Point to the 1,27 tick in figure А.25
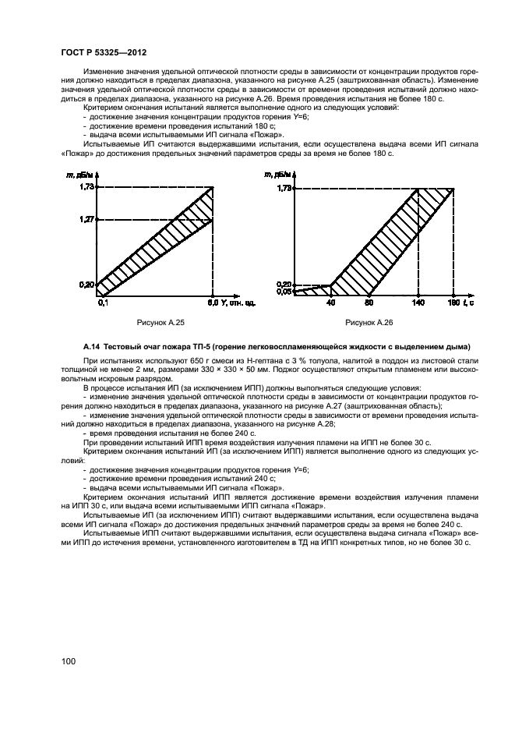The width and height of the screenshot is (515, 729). [x=86, y=220]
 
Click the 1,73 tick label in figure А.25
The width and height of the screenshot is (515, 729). [x=86, y=187]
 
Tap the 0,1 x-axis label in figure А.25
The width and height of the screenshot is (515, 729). [x=101, y=302]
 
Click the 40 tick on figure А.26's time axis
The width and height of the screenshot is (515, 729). [x=330, y=302]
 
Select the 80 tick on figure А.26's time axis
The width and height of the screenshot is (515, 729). [x=369, y=302]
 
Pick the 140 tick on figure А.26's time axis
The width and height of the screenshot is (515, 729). [x=418, y=302]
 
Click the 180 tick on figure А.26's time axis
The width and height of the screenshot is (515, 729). [x=453, y=302]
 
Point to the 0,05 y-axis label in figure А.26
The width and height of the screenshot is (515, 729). [x=284, y=292]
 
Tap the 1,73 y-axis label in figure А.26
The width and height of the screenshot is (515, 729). [x=284, y=188]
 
